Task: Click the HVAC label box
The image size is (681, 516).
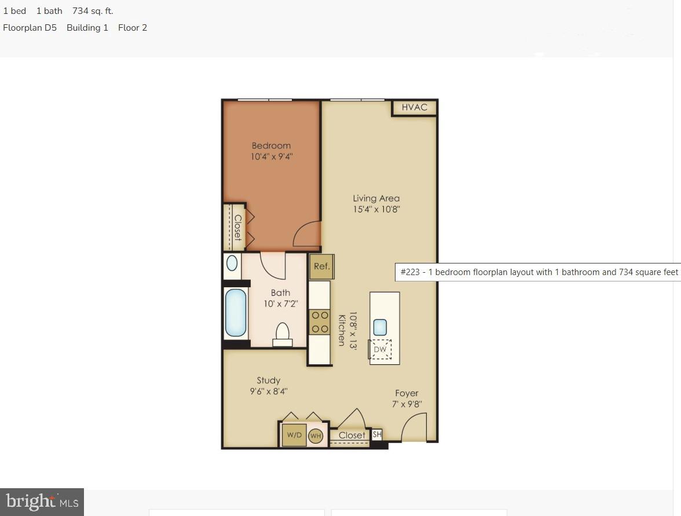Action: [x=414, y=107]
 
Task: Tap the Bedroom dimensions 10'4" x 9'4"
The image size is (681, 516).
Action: [x=271, y=156]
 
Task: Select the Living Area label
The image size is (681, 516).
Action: [x=376, y=198]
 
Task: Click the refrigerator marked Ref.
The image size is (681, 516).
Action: [x=321, y=266]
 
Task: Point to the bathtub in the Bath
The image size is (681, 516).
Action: [x=236, y=313]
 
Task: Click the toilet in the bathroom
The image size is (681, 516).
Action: [x=282, y=334]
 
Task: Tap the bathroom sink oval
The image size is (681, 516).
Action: [x=232, y=264]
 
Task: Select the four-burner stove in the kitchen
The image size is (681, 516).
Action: [x=320, y=322]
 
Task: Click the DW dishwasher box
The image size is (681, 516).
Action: [x=380, y=349]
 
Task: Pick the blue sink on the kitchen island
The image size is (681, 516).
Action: [x=380, y=327]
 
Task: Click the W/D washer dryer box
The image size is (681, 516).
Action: [x=294, y=435]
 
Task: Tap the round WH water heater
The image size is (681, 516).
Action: [x=316, y=436]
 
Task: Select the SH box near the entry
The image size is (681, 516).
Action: [x=377, y=434]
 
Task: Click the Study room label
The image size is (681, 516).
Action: [x=269, y=380]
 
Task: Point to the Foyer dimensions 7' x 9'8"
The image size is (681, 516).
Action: [x=407, y=404]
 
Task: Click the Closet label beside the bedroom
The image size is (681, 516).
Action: [x=237, y=227]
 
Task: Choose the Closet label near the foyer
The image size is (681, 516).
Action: [x=352, y=436]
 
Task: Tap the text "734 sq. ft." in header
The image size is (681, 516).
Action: [x=93, y=11]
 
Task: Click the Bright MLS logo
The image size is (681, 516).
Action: [x=42, y=502]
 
